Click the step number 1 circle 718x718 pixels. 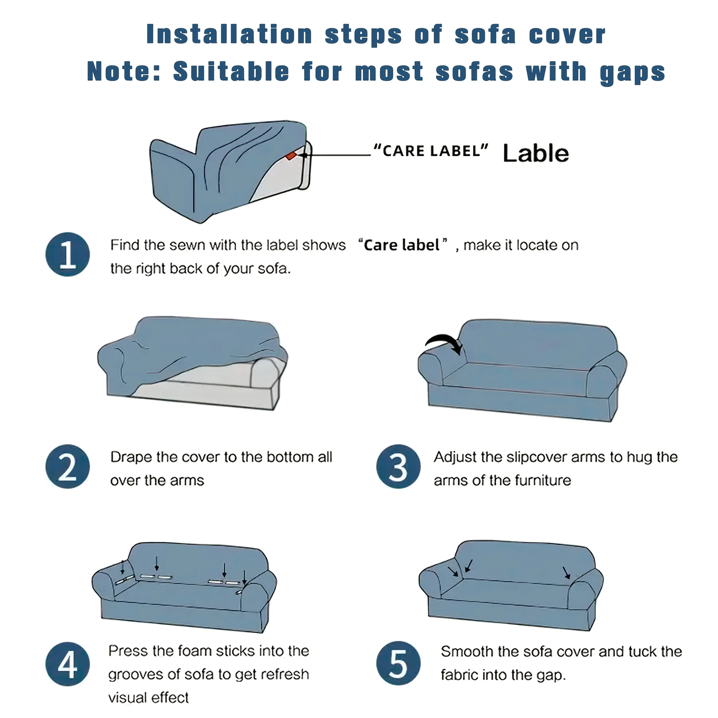[68, 255]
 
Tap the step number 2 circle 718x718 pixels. [68, 466]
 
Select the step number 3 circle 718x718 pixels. [398, 466]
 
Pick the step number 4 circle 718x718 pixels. [68, 664]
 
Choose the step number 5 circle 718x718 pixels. [398, 663]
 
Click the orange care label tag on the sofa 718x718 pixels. [291, 156]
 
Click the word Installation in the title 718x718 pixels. [229, 34]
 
